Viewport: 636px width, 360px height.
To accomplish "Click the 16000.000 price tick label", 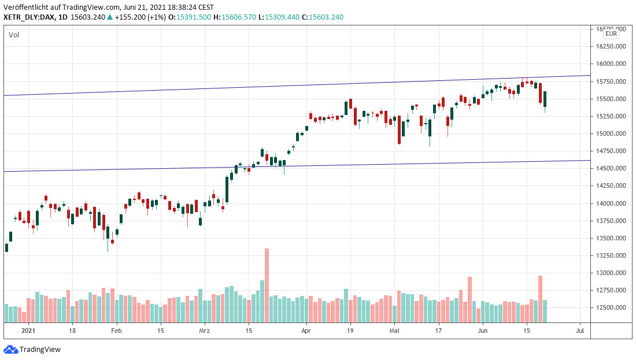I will click(611, 64).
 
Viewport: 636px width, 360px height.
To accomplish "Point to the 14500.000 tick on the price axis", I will click(611, 168).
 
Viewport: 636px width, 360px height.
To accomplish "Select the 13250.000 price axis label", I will click(611, 255).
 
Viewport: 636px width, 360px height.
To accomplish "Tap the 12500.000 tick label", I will click(611, 307).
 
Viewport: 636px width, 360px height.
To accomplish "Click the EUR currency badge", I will click(611, 34).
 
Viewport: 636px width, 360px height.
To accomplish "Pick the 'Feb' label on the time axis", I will click(116, 331).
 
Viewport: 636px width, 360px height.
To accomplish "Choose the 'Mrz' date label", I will click(204, 331).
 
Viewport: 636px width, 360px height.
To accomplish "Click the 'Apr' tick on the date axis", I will click(306, 331).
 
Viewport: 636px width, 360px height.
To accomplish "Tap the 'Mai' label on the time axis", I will click(394, 331).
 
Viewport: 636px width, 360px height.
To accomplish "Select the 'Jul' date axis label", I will click(580, 331).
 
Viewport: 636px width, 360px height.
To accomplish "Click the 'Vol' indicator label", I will click(14, 35).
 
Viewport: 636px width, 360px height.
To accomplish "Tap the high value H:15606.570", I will click(234, 17).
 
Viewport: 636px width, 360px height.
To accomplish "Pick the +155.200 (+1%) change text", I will click(142, 17).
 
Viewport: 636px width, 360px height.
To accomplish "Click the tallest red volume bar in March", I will click(267, 285).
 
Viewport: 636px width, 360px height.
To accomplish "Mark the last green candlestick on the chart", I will click(545, 99).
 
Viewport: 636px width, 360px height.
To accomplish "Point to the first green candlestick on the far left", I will click(6, 247).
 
